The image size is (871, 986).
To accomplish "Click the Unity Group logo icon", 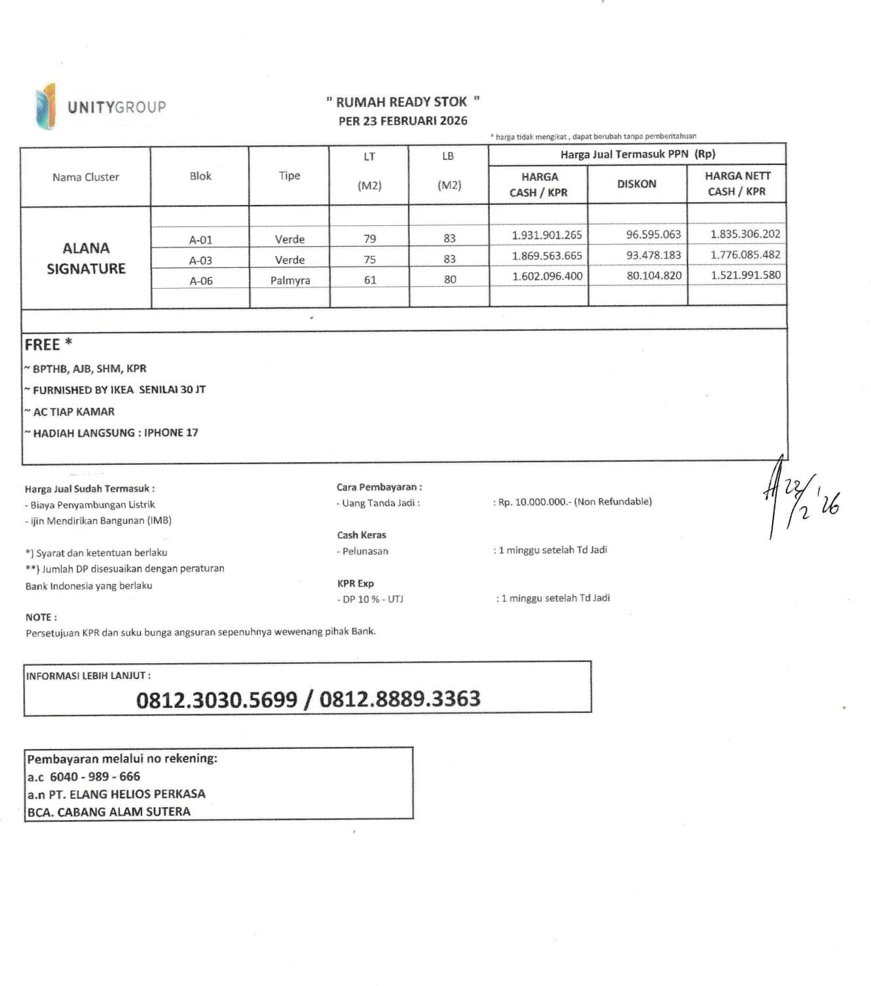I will [x=46, y=106].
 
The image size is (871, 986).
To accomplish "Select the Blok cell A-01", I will [x=200, y=240].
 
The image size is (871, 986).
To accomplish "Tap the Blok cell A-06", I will [x=201, y=281].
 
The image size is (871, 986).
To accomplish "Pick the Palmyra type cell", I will [x=290, y=280].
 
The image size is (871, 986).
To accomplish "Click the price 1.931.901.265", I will [x=547, y=235].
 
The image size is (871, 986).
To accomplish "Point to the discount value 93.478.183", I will [x=653, y=255].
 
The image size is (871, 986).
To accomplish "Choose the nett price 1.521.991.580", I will [x=745, y=275].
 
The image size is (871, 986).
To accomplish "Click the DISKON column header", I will [x=637, y=184].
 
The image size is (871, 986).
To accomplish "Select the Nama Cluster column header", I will [x=86, y=177].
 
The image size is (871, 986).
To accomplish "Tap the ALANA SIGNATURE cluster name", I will [x=86, y=258].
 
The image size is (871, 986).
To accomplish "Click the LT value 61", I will [x=370, y=280].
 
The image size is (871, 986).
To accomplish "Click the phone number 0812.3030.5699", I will [x=216, y=700].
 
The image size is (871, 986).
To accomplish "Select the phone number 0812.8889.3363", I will [x=400, y=699].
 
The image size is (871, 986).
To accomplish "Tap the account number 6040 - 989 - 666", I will [x=95, y=776].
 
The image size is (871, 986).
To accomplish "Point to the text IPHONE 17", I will [x=171, y=433].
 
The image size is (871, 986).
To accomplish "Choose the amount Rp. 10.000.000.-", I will [x=532, y=502].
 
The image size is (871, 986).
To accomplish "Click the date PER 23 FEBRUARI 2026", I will [x=403, y=120].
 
